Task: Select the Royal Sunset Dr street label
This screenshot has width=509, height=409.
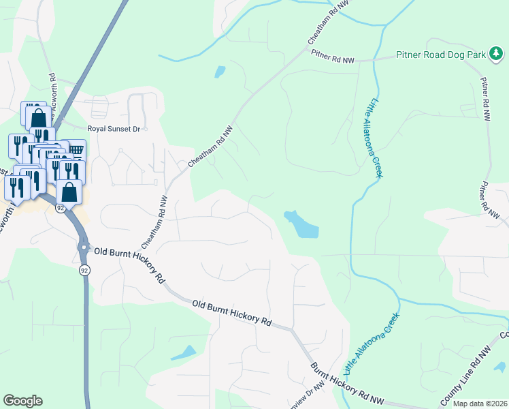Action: coord(114,128)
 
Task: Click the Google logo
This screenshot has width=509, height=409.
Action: coord(22,401)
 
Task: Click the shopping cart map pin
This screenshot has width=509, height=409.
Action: coord(76,149)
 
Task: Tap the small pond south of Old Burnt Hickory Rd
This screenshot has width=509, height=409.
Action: coord(184,352)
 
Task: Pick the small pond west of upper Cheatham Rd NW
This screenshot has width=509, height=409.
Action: coord(219,71)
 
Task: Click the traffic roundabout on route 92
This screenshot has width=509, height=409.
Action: coord(83,245)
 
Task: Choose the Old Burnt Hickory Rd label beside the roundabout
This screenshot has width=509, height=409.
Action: coord(129,265)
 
